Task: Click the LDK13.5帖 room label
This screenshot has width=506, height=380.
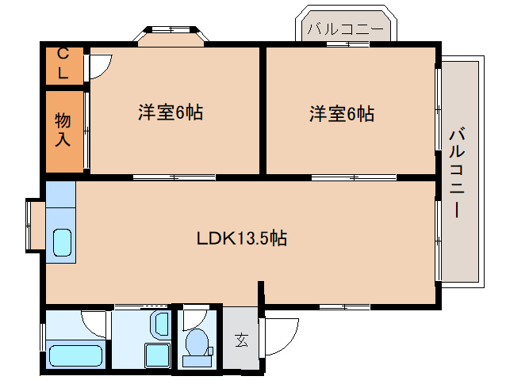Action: (242, 237)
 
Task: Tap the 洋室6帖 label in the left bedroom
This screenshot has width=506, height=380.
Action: (171, 112)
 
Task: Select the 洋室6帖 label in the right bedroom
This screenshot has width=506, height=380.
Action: (342, 113)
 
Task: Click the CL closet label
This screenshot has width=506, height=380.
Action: (63, 65)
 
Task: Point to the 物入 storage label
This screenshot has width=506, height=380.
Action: (63, 131)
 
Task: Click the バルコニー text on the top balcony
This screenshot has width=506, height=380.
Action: (344, 28)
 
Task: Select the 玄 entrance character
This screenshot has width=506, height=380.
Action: (240, 341)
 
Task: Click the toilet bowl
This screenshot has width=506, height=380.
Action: (196, 343)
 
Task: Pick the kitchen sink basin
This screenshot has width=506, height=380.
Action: (63, 242)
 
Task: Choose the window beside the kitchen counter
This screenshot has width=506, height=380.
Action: (35, 225)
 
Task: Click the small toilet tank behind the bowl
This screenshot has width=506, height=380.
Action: (194, 361)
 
